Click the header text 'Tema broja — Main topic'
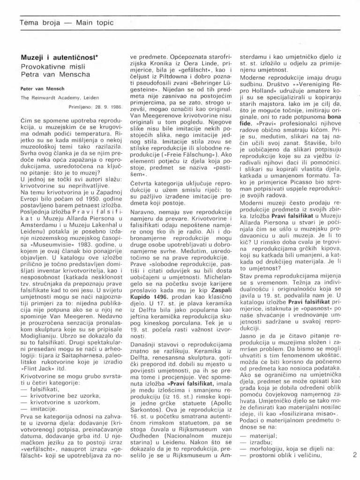click(66, 22)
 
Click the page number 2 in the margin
click(354, 454)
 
